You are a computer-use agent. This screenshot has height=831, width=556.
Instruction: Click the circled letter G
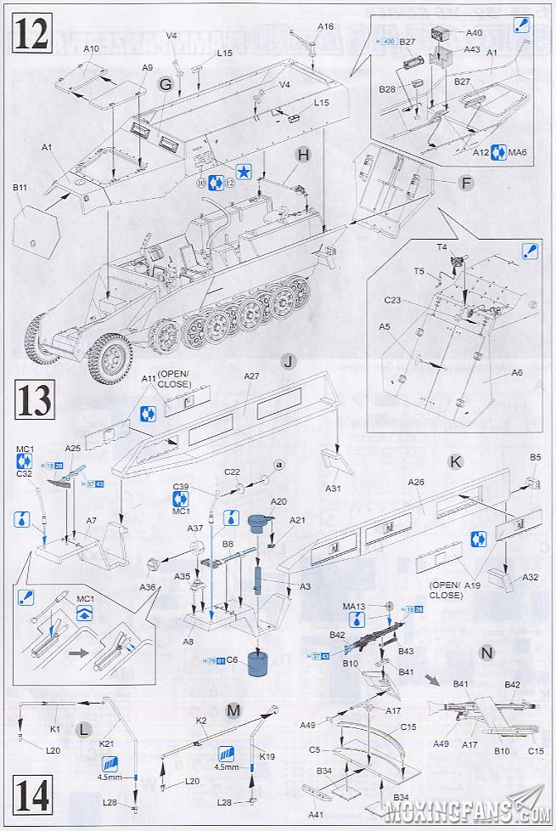(166, 84)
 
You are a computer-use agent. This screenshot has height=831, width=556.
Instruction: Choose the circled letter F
(466, 183)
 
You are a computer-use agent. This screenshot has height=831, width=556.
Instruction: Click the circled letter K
(456, 461)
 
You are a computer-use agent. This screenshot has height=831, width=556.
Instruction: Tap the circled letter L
(83, 730)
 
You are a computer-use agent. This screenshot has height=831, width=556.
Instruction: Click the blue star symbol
(243, 171)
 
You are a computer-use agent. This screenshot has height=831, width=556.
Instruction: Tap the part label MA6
(518, 152)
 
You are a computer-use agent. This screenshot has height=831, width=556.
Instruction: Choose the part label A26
(416, 482)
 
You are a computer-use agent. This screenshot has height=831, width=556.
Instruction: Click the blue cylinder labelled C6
(257, 660)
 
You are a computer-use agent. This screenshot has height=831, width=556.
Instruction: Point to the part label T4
(441, 246)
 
